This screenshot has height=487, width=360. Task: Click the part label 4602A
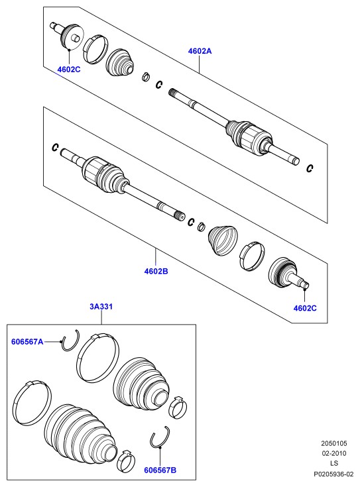click(x=200, y=51)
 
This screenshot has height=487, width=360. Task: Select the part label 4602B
click(x=156, y=271)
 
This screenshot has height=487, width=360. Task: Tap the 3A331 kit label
click(x=101, y=307)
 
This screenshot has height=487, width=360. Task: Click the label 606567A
click(x=27, y=342)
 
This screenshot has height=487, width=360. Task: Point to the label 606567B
click(x=160, y=470)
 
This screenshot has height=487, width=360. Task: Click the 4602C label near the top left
click(x=69, y=70)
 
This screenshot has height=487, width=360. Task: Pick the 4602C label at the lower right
click(x=305, y=308)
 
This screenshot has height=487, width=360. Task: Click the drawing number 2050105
click(x=334, y=443)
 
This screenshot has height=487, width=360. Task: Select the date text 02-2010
click(x=334, y=453)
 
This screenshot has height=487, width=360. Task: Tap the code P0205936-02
click(x=333, y=474)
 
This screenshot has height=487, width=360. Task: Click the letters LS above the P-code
click(x=334, y=463)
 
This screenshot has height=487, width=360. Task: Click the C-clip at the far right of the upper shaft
click(x=310, y=168)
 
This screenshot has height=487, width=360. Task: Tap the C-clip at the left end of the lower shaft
click(x=55, y=147)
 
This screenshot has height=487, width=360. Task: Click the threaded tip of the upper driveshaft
click(x=173, y=93)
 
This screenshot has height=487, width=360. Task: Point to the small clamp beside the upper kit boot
click(x=178, y=406)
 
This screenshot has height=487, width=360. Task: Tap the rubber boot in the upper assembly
click(x=120, y=62)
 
